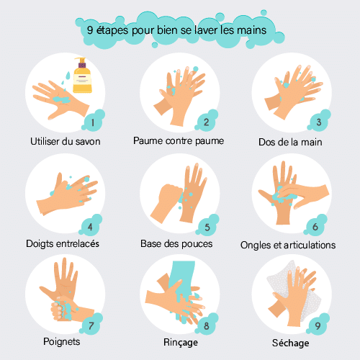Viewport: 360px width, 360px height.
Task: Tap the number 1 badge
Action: (x=94, y=121)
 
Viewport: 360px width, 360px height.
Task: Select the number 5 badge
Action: (x=207, y=226)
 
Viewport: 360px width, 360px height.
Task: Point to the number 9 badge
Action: (x=318, y=324)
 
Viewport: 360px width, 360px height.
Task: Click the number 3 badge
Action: (x=319, y=121)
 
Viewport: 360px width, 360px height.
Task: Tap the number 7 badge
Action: (x=91, y=324)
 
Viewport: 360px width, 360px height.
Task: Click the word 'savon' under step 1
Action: (x=88, y=141)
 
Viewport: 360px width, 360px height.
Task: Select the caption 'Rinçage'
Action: (x=181, y=343)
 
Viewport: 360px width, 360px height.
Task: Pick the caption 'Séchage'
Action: (x=290, y=343)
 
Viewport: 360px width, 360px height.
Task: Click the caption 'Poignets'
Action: (x=62, y=342)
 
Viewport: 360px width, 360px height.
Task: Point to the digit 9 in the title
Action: (x=90, y=30)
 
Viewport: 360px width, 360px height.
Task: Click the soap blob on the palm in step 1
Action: (x=61, y=99)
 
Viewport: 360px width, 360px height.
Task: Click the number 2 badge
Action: (x=207, y=121)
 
